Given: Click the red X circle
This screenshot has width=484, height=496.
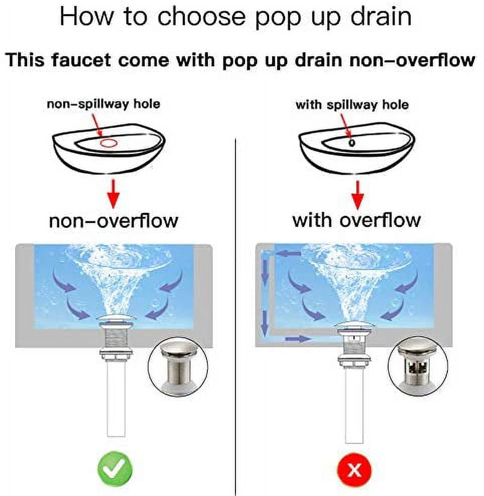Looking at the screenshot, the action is (x=354, y=470).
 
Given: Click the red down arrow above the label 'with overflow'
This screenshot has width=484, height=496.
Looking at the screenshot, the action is (x=358, y=195).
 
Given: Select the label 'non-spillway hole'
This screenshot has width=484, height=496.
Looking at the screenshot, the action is (x=103, y=104).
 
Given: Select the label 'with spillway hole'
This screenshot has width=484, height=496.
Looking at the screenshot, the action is (x=352, y=105).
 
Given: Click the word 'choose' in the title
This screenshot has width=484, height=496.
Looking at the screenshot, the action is (x=201, y=17).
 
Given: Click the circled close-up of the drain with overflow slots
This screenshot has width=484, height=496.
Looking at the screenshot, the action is (x=418, y=367).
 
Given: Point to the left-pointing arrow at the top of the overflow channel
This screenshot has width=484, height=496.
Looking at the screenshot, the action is (x=288, y=254).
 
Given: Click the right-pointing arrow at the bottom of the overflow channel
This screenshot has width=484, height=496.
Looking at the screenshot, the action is (x=299, y=339).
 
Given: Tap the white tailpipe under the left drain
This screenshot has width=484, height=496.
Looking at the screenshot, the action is (x=116, y=399).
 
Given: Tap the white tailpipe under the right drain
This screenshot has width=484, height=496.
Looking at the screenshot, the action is (x=354, y=406).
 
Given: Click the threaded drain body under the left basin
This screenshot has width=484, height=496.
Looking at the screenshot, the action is (x=116, y=338).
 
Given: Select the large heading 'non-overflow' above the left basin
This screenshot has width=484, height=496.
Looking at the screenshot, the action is (x=113, y=221).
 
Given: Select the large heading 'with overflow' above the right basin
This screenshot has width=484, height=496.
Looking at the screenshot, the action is (x=356, y=220).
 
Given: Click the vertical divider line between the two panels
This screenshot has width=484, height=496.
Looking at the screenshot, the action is (x=236, y=316).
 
